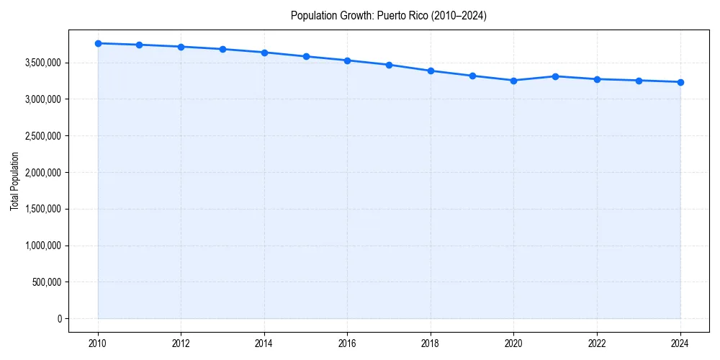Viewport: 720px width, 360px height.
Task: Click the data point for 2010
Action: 98,43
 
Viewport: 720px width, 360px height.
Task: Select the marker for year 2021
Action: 555,76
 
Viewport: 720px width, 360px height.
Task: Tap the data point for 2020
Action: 514,81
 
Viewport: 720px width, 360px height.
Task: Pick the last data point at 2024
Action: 680,82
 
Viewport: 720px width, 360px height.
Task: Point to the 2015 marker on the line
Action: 306,56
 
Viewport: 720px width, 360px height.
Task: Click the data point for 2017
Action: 389,65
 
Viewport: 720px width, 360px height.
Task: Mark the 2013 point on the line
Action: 222,49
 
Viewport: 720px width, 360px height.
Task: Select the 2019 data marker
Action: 472,76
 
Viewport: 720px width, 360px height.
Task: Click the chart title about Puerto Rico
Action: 389,16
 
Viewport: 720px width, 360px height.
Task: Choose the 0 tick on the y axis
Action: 59,319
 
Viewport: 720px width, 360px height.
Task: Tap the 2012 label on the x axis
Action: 181,343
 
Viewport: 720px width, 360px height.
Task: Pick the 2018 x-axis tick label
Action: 431,343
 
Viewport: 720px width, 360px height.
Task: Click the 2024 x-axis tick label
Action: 680,343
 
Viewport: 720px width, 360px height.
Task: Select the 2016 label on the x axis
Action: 348,343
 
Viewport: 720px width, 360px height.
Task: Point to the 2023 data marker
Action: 639,81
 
